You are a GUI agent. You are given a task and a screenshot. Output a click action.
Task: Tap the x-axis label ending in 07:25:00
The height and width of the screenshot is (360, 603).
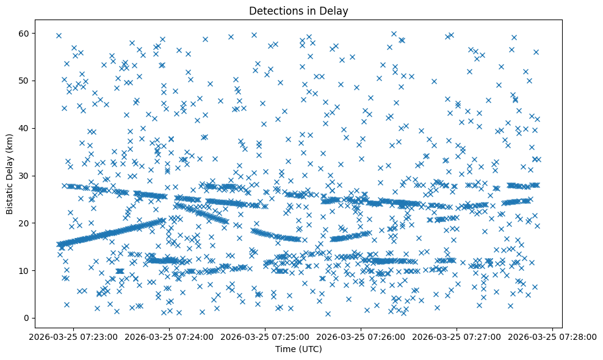coord(265,336)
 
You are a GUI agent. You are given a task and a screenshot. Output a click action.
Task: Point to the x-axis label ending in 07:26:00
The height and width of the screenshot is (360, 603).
coord(361,336)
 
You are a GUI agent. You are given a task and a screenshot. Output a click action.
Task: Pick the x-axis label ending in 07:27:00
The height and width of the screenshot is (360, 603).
coord(457,336)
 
